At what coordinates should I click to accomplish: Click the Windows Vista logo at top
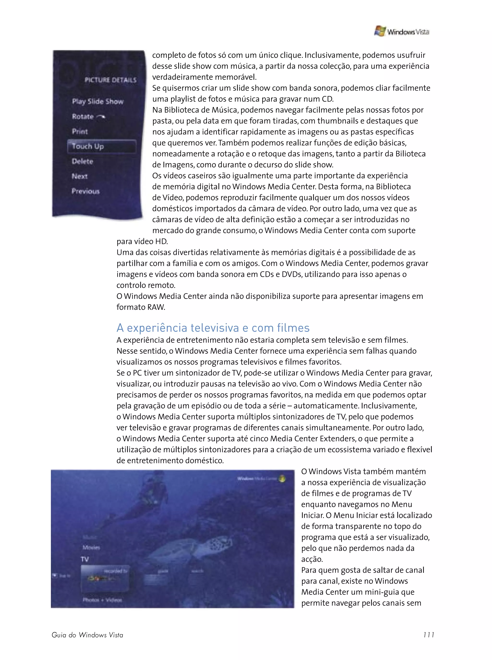401,31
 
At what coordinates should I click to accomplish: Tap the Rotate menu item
88,117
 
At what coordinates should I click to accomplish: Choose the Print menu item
80,132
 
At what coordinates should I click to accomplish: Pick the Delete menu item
82,161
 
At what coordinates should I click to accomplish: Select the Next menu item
80,176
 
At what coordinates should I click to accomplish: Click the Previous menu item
86,191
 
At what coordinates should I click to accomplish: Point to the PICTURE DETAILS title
110,80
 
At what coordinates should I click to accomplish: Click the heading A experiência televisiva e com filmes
213,328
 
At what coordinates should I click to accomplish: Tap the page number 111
428,635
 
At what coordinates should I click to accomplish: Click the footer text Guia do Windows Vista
87,635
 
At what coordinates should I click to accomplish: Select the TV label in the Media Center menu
85,559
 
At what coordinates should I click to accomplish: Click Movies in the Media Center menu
91,547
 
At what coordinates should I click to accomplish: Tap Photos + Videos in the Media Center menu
102,599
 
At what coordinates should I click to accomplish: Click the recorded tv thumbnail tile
105,578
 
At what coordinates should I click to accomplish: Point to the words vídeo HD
151,241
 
